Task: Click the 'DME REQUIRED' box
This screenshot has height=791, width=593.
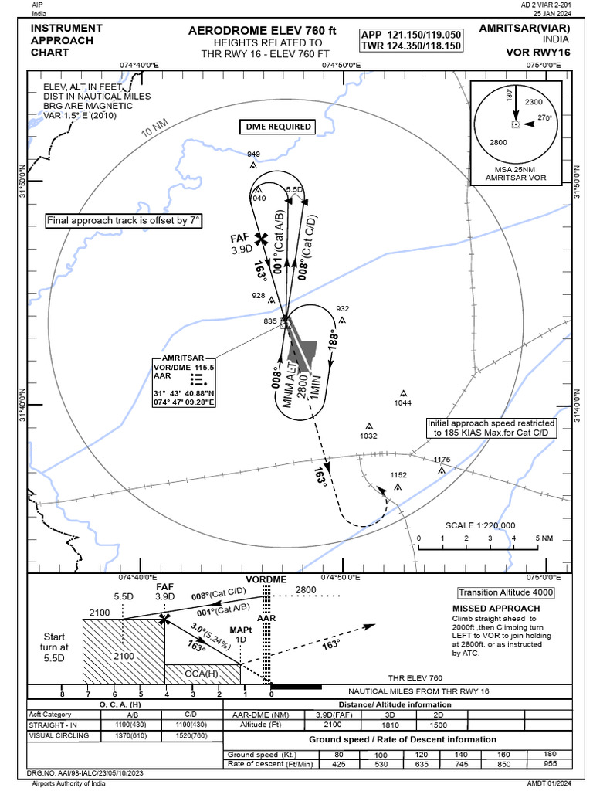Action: (279, 127)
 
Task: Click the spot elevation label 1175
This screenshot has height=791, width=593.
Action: (442, 460)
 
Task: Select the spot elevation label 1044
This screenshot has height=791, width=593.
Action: (403, 402)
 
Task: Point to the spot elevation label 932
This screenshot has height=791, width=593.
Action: (342, 309)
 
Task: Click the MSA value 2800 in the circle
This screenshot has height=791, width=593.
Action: (498, 143)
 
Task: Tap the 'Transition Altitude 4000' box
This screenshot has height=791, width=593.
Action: (505, 592)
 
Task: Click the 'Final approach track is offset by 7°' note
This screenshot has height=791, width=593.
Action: (124, 221)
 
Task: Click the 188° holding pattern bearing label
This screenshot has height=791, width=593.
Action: (333, 341)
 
